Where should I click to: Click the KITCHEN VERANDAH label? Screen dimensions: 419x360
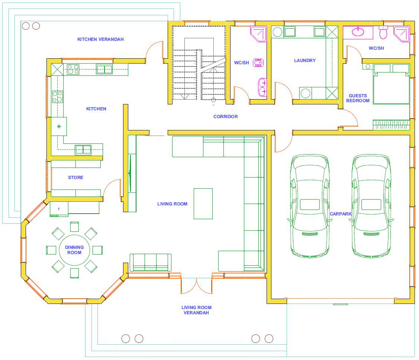click(100, 39)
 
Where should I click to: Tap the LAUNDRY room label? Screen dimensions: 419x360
click(305, 61)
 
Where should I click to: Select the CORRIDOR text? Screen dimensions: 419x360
click(226, 116)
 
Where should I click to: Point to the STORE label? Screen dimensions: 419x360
click(75, 177)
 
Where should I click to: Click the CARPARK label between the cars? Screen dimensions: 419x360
click(341, 214)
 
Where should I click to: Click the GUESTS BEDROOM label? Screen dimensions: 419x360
click(358, 98)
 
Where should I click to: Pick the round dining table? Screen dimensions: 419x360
click(75, 250)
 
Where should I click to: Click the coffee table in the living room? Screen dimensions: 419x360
click(203, 204)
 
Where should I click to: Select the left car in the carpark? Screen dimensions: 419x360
click(310, 206)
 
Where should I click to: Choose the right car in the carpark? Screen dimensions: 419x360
click(371, 206)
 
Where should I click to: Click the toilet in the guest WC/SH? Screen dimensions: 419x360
click(383, 32)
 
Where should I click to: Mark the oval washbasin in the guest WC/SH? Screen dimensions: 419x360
click(358, 32)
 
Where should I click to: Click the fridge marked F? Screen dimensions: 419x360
click(59, 209)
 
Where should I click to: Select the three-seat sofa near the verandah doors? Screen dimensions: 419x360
click(151, 263)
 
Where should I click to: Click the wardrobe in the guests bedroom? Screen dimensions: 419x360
click(391, 125)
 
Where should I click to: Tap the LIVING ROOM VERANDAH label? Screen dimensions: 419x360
click(196, 310)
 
